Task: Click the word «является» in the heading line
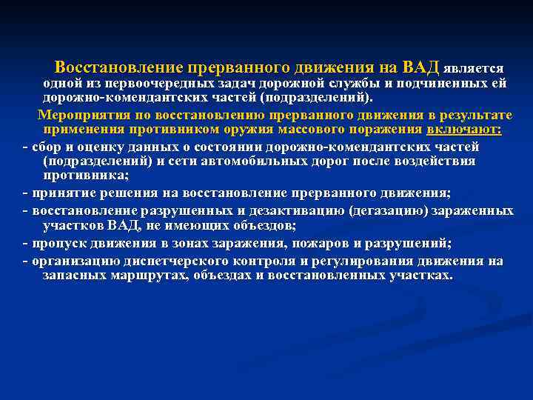tap(474, 68)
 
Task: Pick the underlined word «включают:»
tap(464, 130)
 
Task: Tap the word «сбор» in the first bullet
tap(44, 145)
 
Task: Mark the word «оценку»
tap(95, 145)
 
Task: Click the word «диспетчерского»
tap(153, 260)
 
